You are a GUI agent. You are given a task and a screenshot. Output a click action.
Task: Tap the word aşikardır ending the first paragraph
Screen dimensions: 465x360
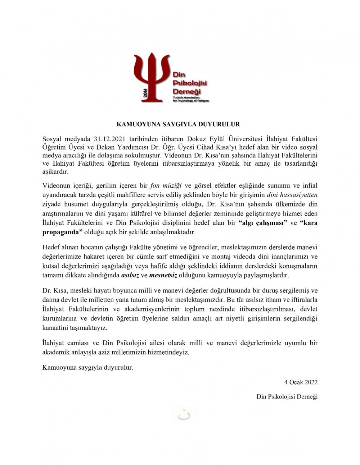tap(55, 172)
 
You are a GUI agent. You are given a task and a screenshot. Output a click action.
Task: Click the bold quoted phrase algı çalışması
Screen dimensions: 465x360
tap(262, 223)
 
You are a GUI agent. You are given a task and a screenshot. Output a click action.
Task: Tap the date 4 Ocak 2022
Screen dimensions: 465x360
tap(301, 382)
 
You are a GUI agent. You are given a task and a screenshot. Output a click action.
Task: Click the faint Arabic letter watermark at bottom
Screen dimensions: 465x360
tap(184, 415)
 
